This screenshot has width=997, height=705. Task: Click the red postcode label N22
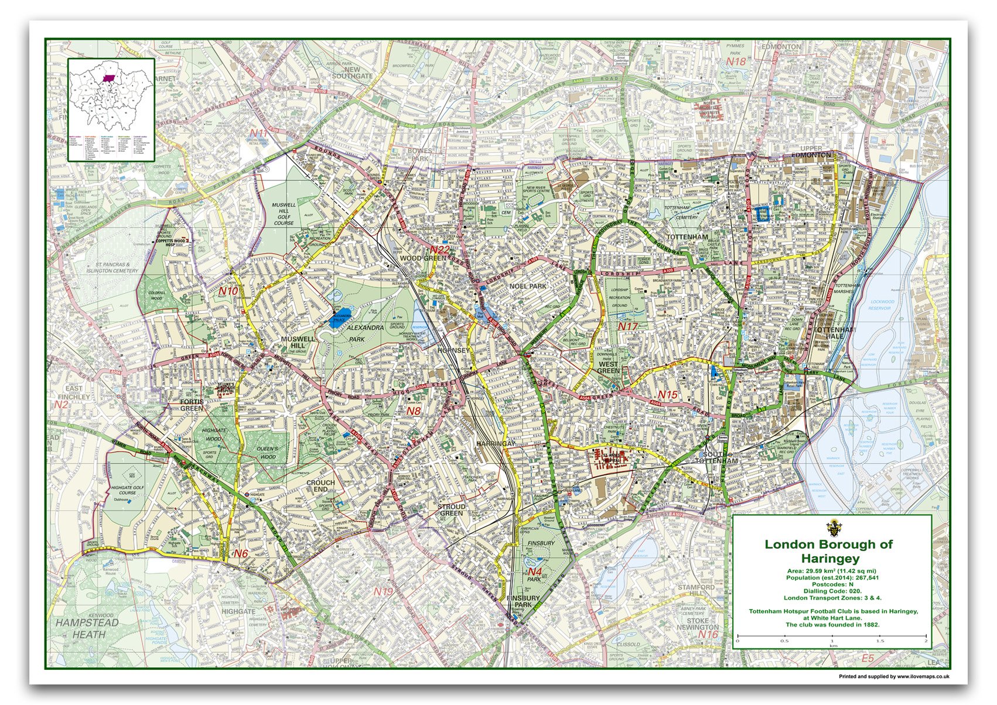[440, 250]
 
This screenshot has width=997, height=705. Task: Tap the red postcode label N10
[228, 290]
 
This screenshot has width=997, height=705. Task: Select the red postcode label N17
[628, 326]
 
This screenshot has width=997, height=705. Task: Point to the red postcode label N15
[667, 395]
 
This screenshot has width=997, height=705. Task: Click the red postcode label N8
[414, 411]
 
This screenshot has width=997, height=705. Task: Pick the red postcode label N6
[241, 553]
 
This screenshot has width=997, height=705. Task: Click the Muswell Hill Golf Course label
[284, 214]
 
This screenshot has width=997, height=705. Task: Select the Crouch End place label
[320, 487]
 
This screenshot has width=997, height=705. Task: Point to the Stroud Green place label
[452, 509]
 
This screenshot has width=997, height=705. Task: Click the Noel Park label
[528, 286]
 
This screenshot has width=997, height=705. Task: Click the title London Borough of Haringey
[828, 550]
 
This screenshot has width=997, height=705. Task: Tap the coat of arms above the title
[832, 525]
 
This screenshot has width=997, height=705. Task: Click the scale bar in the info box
[832, 635]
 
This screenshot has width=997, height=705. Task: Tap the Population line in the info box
[832, 577]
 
